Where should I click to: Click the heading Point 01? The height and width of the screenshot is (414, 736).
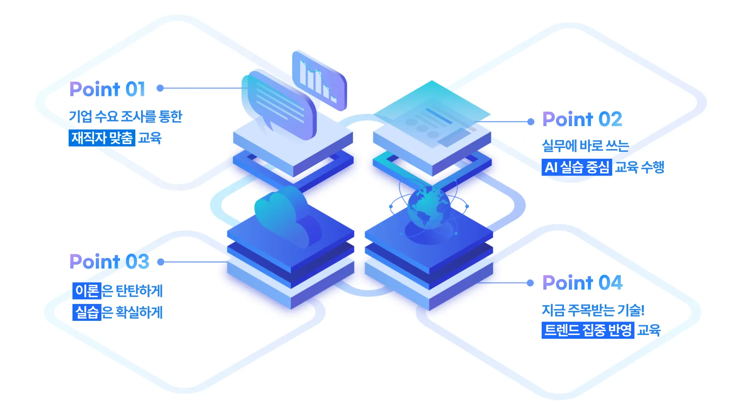click(x=107, y=89)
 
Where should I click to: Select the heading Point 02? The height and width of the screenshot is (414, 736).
click(x=582, y=119)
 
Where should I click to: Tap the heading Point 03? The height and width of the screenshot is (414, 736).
click(x=109, y=262)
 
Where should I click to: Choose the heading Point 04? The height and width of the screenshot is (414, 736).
click(x=582, y=283)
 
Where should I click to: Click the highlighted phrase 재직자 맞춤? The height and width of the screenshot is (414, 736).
click(x=102, y=138)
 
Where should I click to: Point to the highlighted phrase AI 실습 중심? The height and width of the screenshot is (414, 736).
click(x=577, y=167)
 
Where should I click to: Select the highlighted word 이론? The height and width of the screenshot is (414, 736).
click(x=87, y=291)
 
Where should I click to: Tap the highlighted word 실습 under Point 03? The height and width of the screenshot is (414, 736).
click(x=87, y=312)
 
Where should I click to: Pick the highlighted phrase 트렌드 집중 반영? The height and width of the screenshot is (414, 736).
click(x=588, y=330)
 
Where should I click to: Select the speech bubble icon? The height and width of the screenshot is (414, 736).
click(x=279, y=103)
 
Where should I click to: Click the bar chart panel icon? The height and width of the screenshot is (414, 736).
click(x=319, y=80)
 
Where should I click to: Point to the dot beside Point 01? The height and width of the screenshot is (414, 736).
click(x=160, y=88)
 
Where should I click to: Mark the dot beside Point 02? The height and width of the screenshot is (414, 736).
click(x=531, y=122)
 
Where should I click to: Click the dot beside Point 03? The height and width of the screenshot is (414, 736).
click(x=161, y=262)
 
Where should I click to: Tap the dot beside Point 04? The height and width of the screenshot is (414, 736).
click(x=530, y=283)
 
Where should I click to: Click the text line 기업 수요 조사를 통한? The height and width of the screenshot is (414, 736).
click(x=125, y=117)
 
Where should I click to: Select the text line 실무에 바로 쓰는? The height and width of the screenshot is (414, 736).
click(x=585, y=146)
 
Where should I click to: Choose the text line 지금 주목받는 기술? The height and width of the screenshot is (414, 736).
click(x=593, y=310)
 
